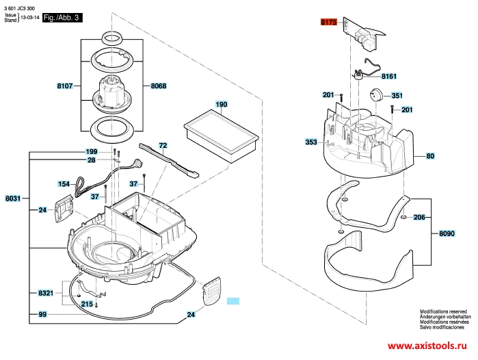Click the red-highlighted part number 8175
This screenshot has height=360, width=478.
pyautogui.click(x=329, y=23)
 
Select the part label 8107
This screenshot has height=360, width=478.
pyautogui.click(x=66, y=86)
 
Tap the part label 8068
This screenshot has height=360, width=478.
pyautogui.click(x=157, y=86)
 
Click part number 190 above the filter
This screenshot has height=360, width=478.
pyautogui.click(x=221, y=105)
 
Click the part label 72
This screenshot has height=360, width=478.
pyautogui.click(x=163, y=146)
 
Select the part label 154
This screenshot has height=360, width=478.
pyautogui.click(x=64, y=184)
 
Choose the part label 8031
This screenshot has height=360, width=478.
pyautogui.click(x=13, y=199)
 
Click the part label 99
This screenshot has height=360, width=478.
pyautogui.click(x=42, y=314)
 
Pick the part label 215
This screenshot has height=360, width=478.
pyautogui.click(x=87, y=304)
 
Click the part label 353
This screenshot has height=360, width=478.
pyautogui.click(x=311, y=142)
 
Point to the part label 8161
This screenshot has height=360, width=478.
pyautogui.click(x=389, y=76)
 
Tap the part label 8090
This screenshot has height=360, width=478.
pyautogui.click(x=447, y=234)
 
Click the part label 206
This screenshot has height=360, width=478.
pyautogui.click(x=419, y=217)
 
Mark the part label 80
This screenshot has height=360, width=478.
pyautogui.click(x=430, y=157)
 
